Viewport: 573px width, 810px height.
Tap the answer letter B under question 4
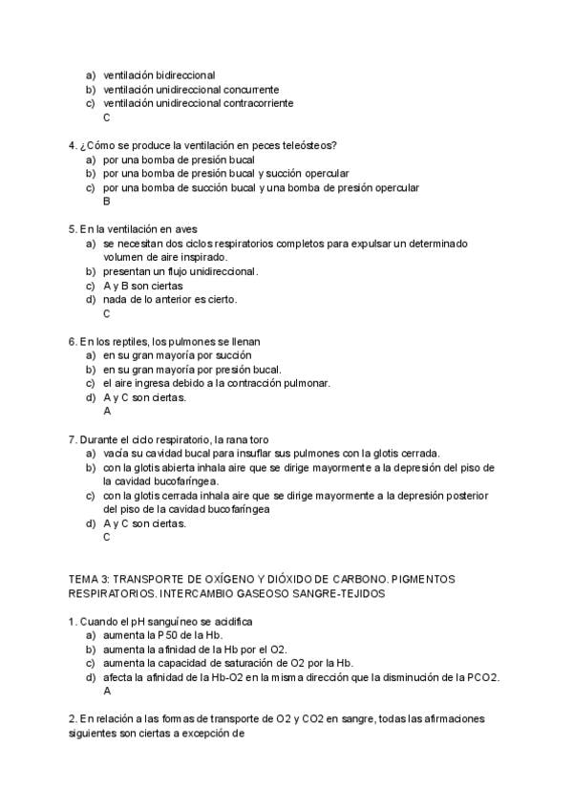107,202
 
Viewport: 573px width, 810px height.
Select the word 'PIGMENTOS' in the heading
424,580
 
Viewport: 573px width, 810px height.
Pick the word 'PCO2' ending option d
483,676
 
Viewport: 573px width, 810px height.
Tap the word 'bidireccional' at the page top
181,75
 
